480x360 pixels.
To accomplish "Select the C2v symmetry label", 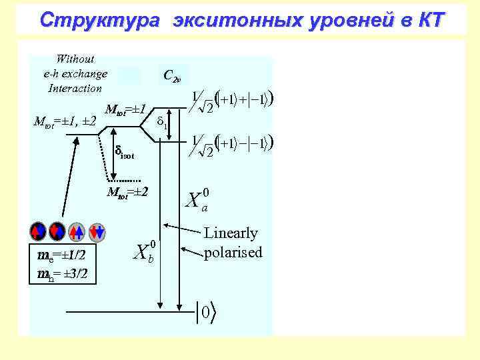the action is click(171, 76).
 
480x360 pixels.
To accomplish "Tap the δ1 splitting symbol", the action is click(161, 123).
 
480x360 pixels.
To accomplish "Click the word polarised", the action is click(233, 252).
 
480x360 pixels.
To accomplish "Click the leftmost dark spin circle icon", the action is click(37, 231).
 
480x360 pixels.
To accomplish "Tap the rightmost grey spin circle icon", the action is click(97, 231).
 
